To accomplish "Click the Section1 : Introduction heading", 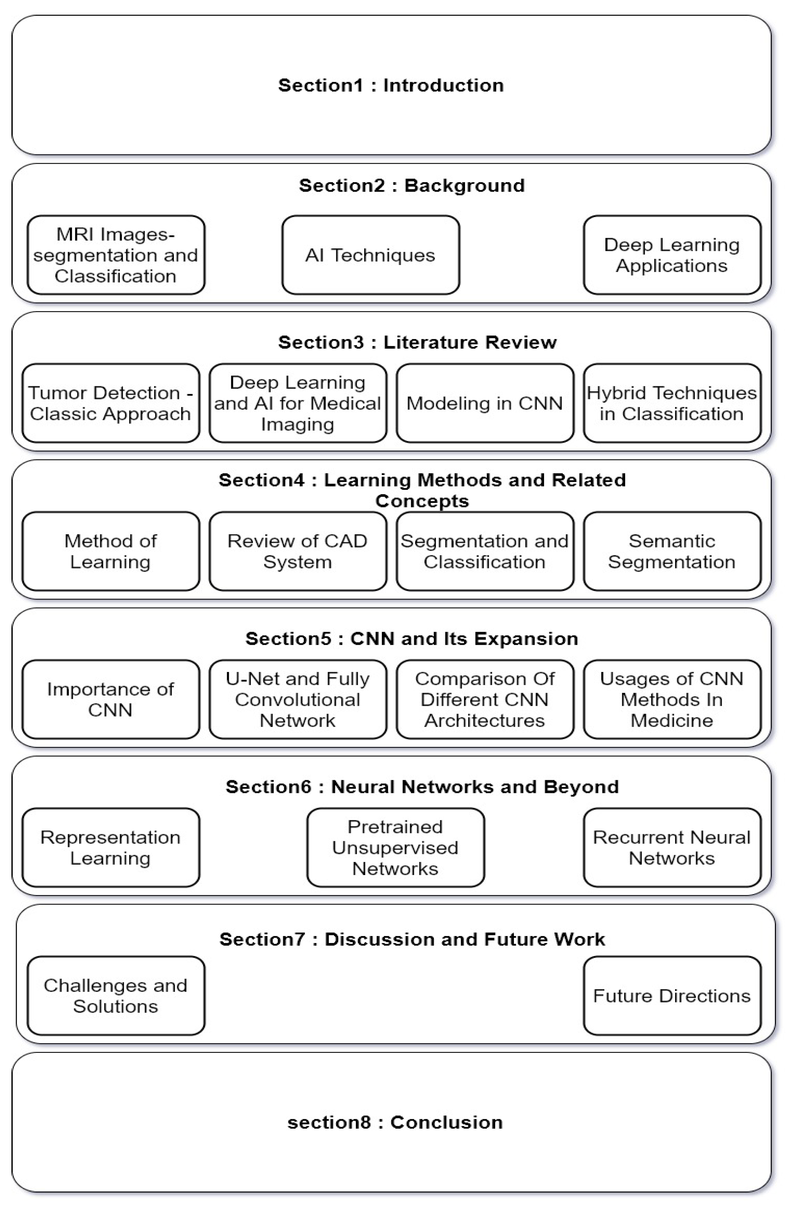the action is [391, 85].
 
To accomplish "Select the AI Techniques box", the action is [371, 255].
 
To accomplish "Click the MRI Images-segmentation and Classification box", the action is [116, 255].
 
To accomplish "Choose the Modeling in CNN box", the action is [484, 403].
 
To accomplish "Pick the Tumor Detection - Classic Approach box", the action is [111, 403].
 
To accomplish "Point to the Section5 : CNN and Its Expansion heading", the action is [411, 639].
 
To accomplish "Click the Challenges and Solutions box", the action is [116, 995].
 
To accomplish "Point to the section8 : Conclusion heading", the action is [395, 1122].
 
